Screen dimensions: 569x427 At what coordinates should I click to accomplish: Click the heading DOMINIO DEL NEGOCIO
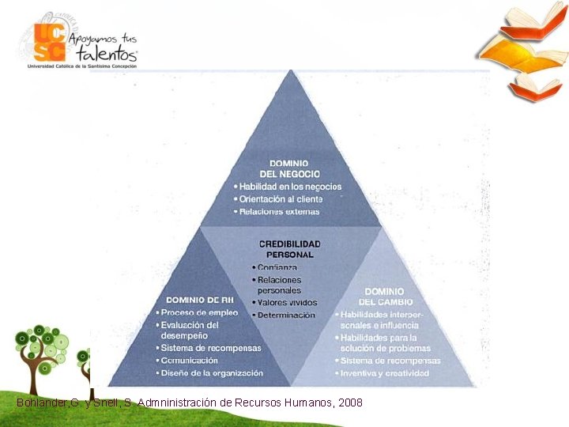289,168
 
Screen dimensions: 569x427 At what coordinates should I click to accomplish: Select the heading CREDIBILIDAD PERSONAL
289,249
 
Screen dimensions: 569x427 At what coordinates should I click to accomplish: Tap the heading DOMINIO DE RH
199,300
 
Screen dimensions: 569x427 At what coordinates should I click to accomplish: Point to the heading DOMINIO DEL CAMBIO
385,297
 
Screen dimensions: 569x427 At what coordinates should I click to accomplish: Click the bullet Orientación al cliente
282,199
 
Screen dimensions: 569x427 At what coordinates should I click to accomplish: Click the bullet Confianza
277,267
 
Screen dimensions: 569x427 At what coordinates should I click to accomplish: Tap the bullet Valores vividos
287,303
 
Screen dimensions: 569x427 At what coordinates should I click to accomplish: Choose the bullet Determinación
285,315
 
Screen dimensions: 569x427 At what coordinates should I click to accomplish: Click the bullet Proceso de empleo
199,312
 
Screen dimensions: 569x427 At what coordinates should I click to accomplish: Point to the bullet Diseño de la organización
212,372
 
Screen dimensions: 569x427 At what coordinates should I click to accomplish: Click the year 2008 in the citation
350,403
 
